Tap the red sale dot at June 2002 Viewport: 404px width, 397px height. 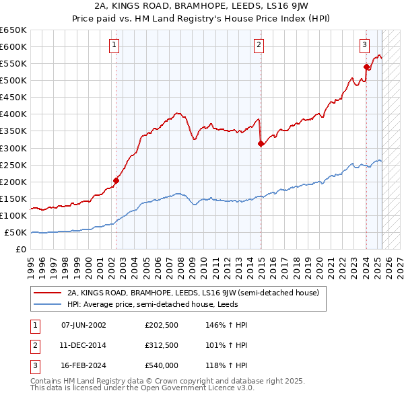point(116,180)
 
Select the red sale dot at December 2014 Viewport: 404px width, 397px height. point(260,143)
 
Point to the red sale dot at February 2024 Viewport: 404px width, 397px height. point(366,67)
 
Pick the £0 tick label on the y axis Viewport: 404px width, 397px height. point(20,249)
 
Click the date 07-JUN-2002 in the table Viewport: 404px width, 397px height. point(83,325)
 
